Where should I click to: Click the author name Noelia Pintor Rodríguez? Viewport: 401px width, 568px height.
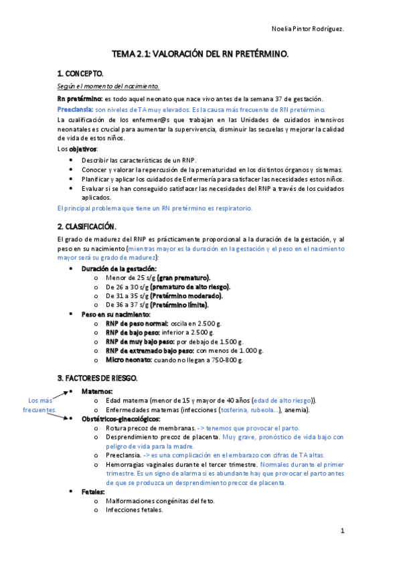coord(309,29)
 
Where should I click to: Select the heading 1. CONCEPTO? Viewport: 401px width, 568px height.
coord(80,73)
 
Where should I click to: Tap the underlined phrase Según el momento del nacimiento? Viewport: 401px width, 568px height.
coord(108,86)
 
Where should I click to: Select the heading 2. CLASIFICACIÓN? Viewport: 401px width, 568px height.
coord(87,226)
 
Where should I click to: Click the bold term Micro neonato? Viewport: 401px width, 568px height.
coord(127,359)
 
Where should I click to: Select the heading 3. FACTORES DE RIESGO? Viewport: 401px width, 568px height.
coord(97,378)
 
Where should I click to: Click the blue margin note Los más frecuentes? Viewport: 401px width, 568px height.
coord(40,405)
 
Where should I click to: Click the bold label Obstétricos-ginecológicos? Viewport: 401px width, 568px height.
coord(121,419)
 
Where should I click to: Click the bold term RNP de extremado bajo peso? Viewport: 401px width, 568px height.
coord(149,350)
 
